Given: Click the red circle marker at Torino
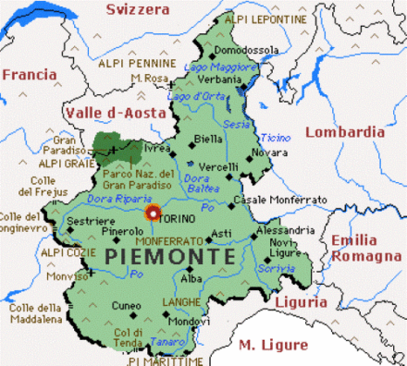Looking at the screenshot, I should point(154,213).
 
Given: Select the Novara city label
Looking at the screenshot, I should point(271,152).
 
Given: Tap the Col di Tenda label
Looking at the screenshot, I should point(129,337).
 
